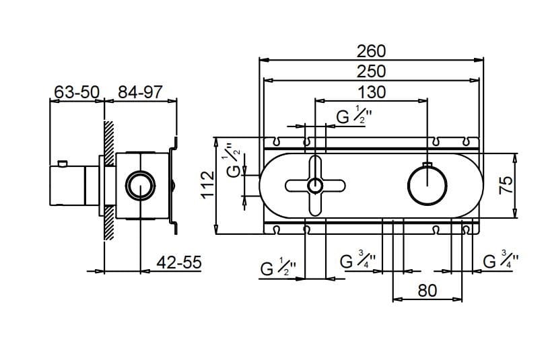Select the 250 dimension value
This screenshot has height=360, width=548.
371,71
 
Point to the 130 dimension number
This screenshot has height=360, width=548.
371,92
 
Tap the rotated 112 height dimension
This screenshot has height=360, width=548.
208,184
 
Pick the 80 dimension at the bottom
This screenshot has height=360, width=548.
427,291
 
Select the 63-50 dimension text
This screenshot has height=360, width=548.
77,92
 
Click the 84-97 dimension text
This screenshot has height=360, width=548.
141,92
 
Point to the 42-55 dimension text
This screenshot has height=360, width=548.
178,263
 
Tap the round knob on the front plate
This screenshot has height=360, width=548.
427,186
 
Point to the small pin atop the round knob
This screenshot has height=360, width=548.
427,164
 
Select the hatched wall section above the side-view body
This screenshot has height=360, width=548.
108,138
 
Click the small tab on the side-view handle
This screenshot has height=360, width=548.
62,162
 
